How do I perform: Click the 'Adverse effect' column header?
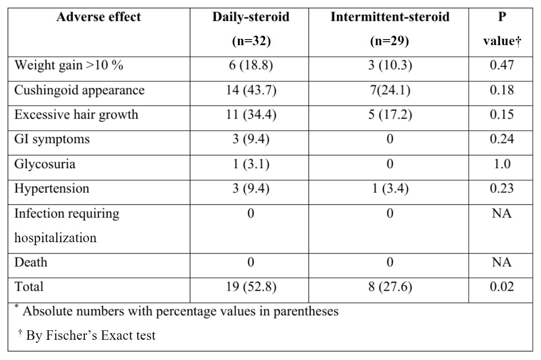[x=99, y=17]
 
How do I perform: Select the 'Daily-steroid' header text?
[x=250, y=17]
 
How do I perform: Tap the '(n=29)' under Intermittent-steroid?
[x=390, y=41]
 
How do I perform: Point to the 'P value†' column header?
[x=502, y=29]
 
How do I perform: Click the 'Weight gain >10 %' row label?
[x=68, y=65]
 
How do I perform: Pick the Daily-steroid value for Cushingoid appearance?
[x=251, y=90]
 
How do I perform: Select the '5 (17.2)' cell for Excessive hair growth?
[x=390, y=115]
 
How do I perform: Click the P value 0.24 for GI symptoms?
[x=502, y=139]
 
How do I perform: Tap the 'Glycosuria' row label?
[x=44, y=164]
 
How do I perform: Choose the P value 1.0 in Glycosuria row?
[x=502, y=164]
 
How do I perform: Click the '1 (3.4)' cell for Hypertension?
[x=390, y=189]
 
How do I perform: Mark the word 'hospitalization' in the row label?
[x=55, y=238]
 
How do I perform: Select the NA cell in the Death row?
[x=502, y=262]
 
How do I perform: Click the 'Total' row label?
[x=29, y=287]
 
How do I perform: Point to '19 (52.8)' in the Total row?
[x=251, y=287]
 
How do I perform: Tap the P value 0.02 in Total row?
[x=502, y=287]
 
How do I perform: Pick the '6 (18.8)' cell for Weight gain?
[x=251, y=65]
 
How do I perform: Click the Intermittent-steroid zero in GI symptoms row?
[x=390, y=139]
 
